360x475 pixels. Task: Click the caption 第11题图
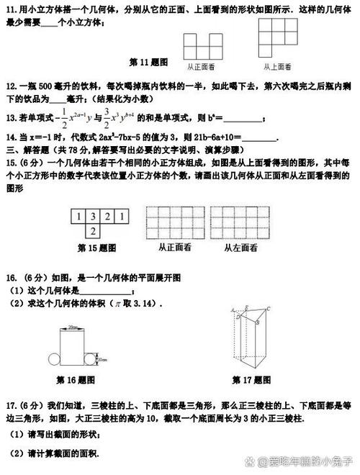point(149,61)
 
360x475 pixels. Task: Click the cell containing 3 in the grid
point(93,217)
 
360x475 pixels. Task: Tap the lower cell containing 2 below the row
point(93,231)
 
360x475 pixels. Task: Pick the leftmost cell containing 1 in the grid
point(78,217)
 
